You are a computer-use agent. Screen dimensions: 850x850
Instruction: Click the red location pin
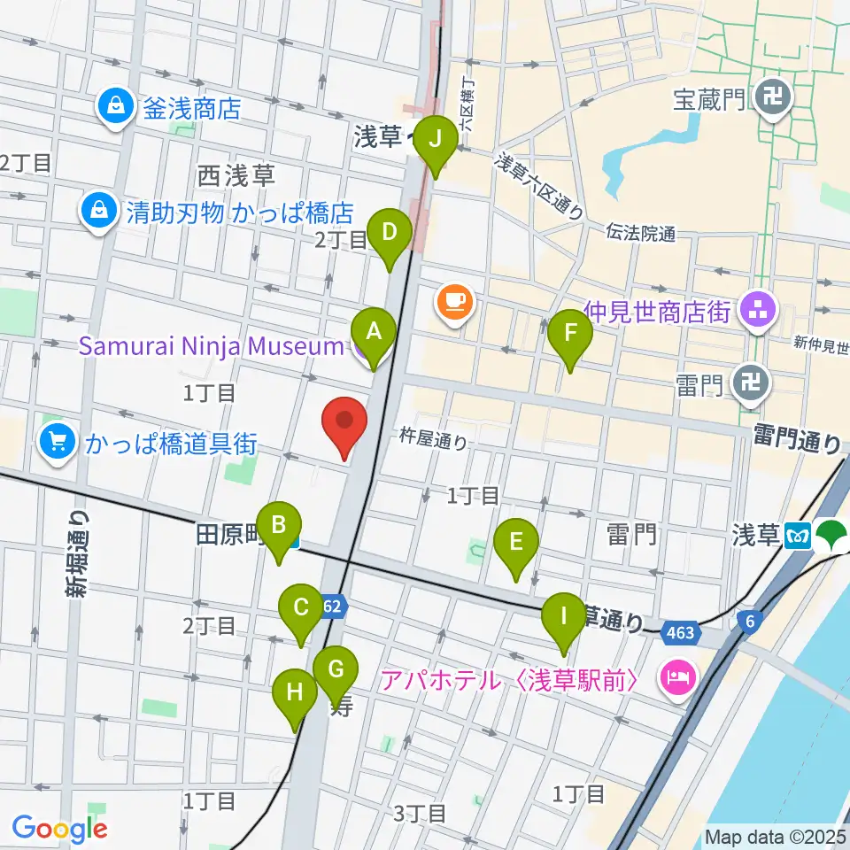pyautogui.click(x=346, y=427)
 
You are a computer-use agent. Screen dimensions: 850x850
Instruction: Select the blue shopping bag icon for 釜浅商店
pyautogui.click(x=115, y=109)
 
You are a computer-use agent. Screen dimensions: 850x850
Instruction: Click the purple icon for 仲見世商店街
pyautogui.click(x=758, y=311)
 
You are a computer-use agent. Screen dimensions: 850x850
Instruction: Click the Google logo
pyautogui.click(x=59, y=828)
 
